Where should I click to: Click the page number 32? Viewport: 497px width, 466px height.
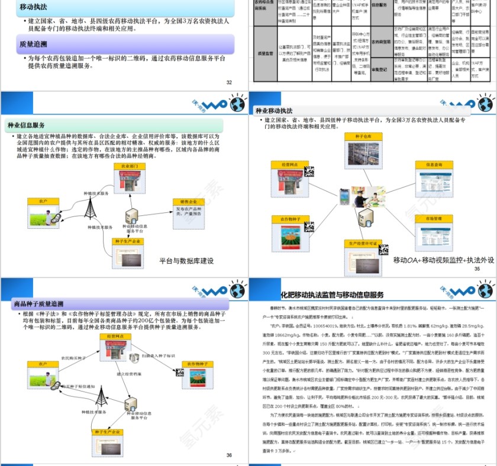(x=229, y=82)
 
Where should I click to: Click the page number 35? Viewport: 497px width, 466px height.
(x=477, y=269)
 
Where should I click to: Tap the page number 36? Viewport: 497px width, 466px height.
(x=229, y=455)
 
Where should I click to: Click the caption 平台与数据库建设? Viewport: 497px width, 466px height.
(x=187, y=261)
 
